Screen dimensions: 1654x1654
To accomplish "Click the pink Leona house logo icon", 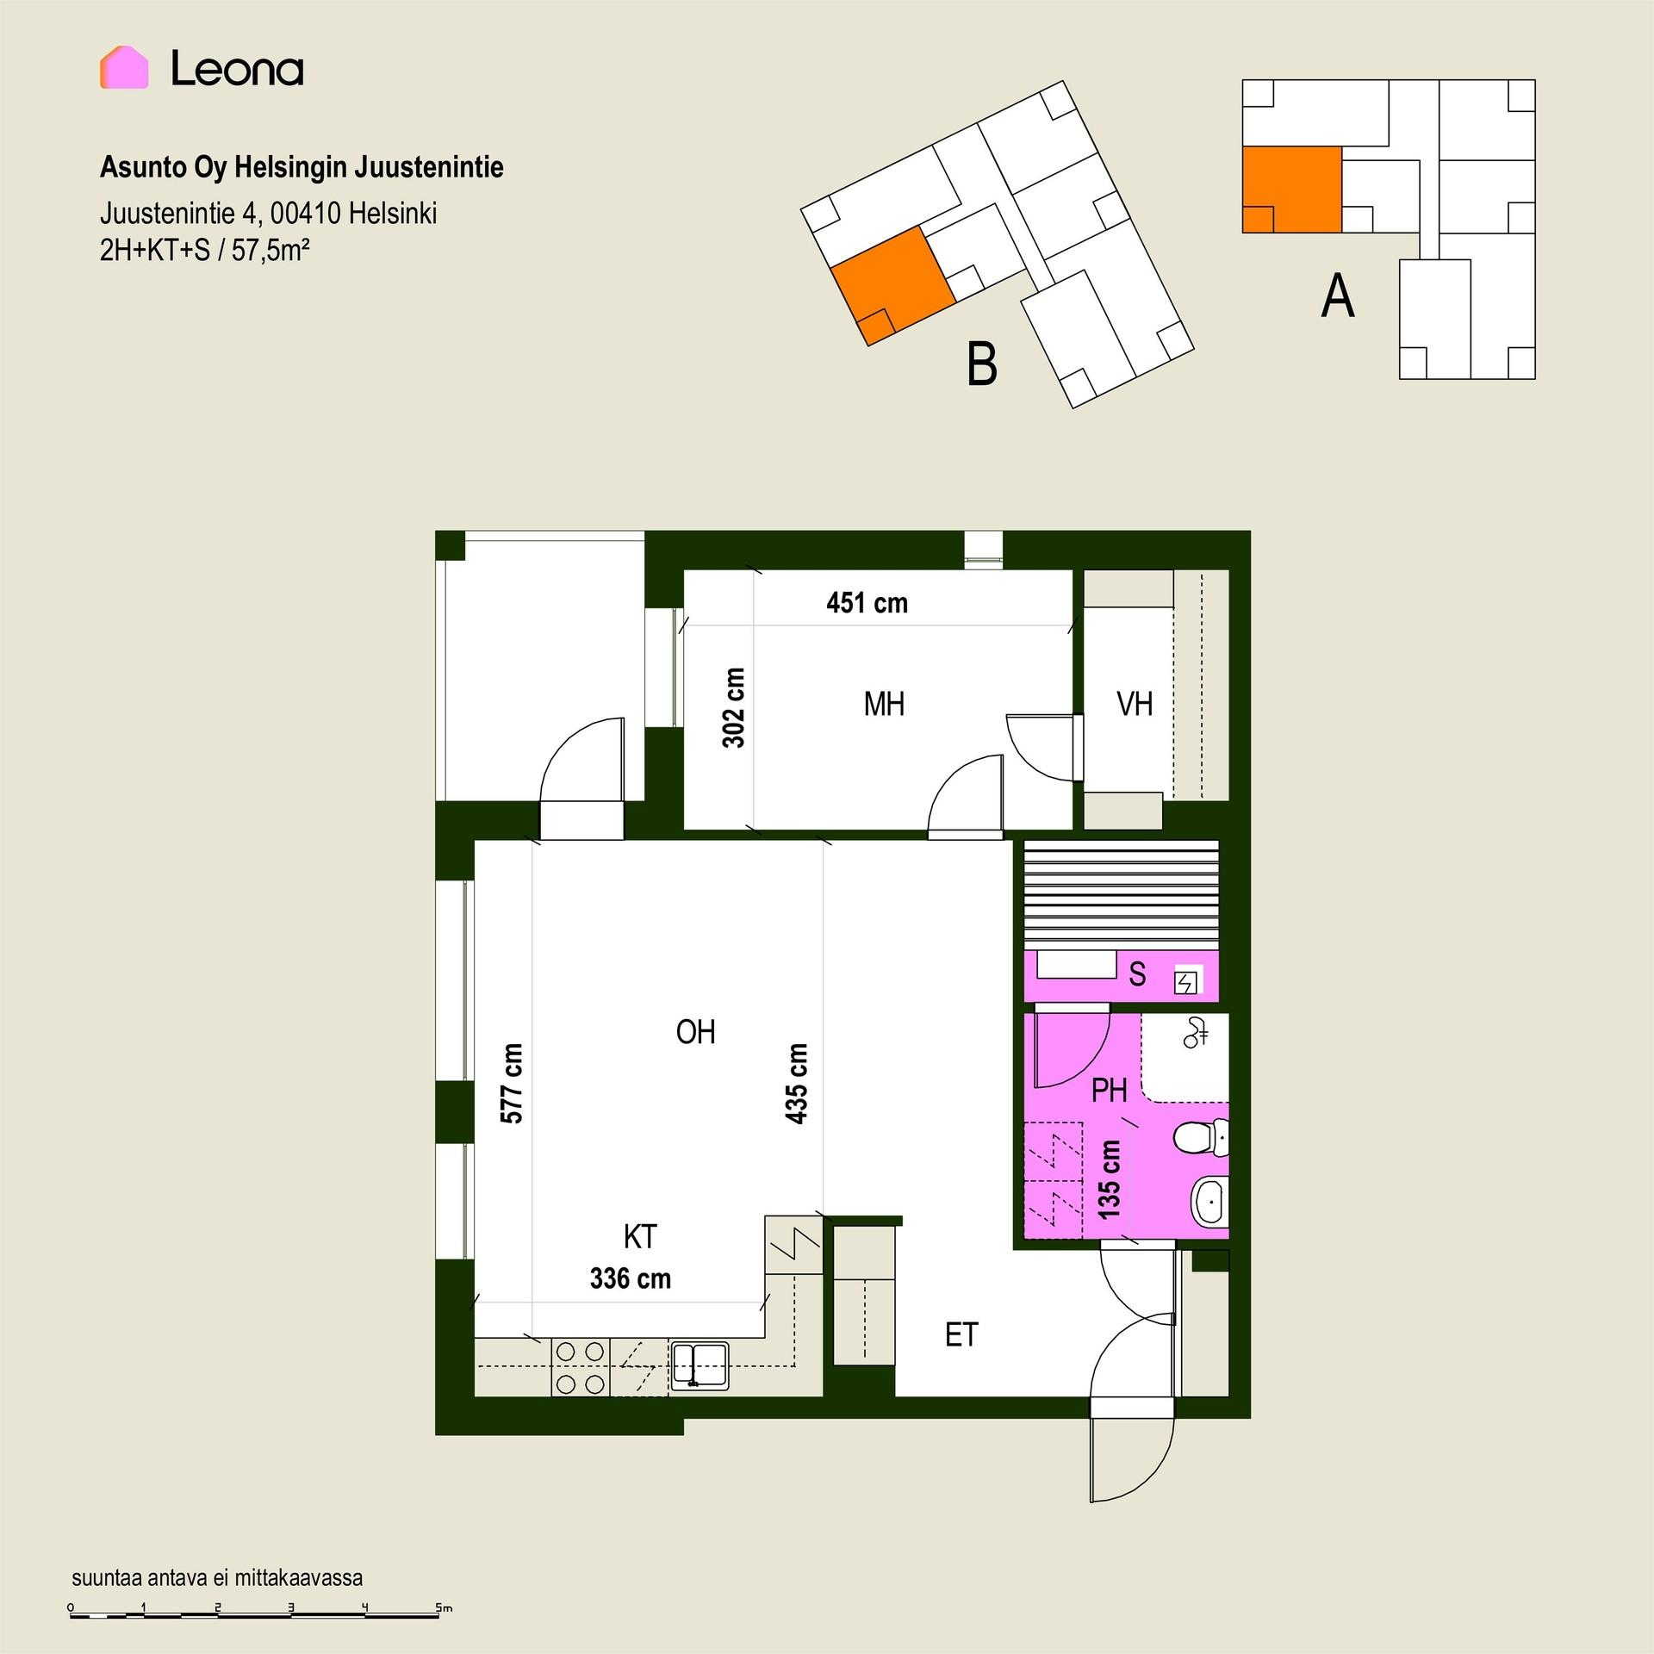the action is point(124,67).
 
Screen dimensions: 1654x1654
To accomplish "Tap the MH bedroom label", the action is point(884,705).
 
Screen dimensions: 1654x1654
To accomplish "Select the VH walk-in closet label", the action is point(1135,705).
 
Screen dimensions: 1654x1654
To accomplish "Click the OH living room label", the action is point(695,1032).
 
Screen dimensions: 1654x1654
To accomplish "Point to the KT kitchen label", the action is point(640,1237).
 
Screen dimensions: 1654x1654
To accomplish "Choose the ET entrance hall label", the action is point(961,1335).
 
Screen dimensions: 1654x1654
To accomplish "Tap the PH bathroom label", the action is point(1109,1091).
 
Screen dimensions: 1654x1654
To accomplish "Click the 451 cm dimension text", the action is point(867,603).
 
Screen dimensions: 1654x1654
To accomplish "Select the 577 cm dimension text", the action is point(512,1083).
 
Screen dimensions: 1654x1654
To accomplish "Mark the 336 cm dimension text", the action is point(630,1278).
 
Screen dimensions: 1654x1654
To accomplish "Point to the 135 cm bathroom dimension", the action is point(1110,1179).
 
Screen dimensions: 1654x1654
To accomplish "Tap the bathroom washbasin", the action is point(1209,1202).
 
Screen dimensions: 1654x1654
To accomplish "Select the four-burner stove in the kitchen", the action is point(580,1368).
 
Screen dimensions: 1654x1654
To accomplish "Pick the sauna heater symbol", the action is point(1188,981).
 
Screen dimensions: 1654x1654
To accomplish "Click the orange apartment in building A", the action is point(1291,190).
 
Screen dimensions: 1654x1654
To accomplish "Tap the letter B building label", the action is point(982,364).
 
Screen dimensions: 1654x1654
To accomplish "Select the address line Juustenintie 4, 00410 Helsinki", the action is point(268,213).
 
